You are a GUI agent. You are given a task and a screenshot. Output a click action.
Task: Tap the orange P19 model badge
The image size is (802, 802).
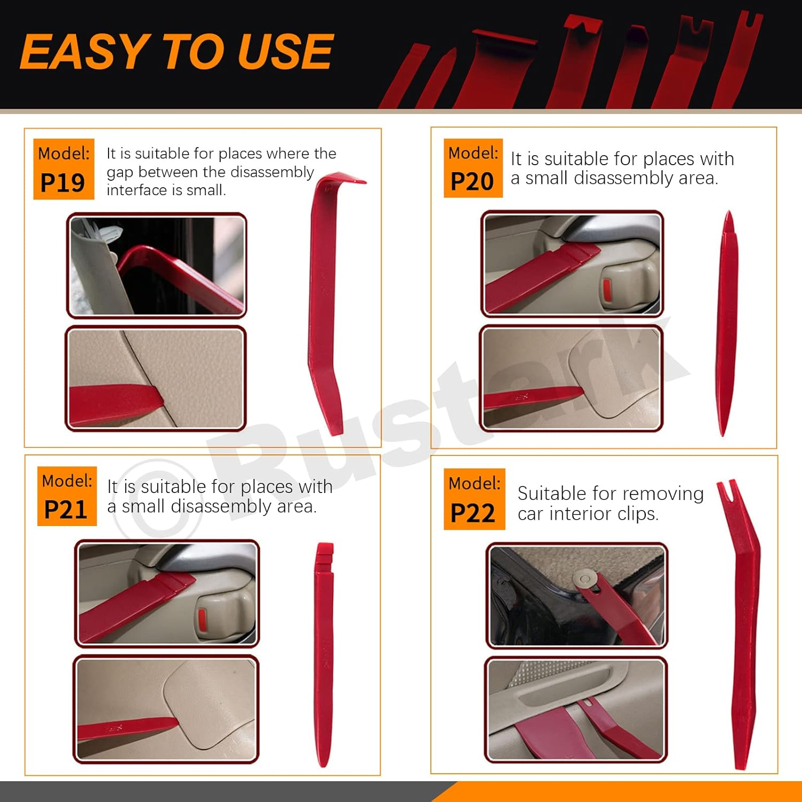[64, 169]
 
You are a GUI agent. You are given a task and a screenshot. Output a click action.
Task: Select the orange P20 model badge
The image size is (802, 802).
[473, 168]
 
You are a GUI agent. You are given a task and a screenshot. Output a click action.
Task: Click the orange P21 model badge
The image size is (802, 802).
[67, 496]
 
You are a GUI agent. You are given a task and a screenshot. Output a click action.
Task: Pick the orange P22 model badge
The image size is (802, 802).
[474, 499]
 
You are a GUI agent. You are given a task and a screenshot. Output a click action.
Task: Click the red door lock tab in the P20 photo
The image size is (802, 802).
[607, 289]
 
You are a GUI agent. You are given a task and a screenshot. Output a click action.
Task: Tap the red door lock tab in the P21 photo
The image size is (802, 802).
[203, 619]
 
